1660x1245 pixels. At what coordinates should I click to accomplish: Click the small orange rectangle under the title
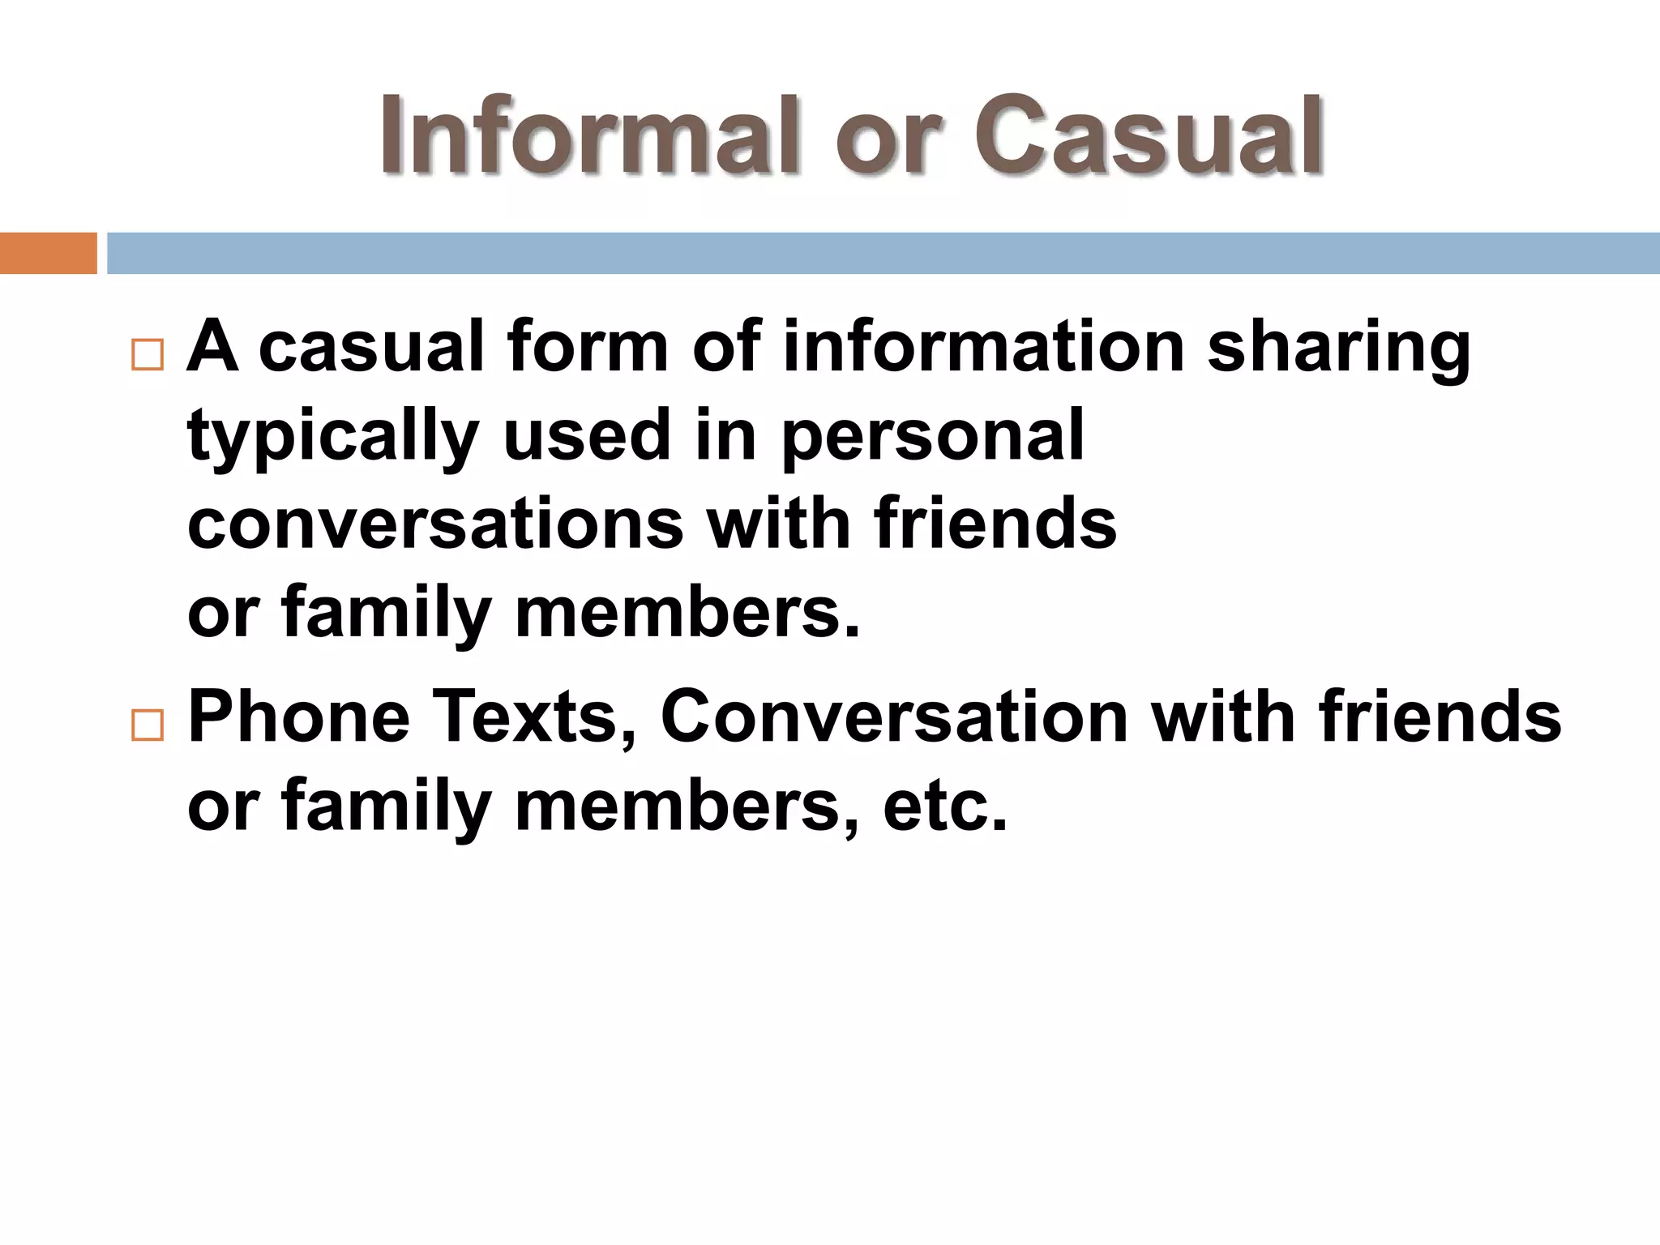pyautogui.click(x=48, y=253)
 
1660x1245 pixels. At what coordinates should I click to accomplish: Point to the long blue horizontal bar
pyautogui.click(x=883, y=253)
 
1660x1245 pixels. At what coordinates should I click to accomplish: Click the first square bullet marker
pyautogui.click(x=147, y=355)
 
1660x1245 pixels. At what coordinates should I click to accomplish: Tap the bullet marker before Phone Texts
pyautogui.click(x=147, y=725)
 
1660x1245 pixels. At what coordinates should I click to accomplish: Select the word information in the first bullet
pyautogui.click(x=983, y=347)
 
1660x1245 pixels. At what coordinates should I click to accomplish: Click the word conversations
pyautogui.click(x=435, y=524)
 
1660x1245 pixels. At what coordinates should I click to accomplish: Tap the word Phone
pyautogui.click(x=299, y=717)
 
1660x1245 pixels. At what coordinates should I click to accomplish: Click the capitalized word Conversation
pyautogui.click(x=894, y=717)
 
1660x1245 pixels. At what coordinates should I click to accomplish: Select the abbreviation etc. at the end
pyautogui.click(x=945, y=806)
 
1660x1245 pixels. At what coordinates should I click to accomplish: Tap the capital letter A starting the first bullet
pyautogui.click(x=212, y=347)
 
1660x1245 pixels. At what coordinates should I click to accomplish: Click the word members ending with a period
pyautogui.click(x=687, y=613)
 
